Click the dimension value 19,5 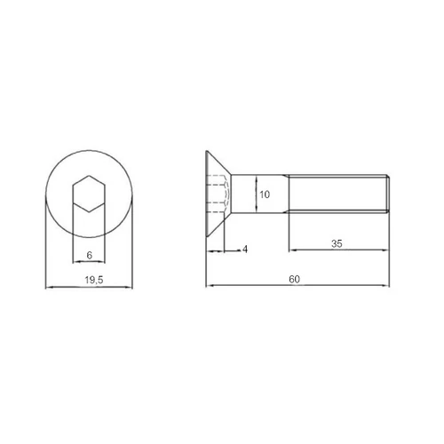(94, 280)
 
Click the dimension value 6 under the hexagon (90, 255)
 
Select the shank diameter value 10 (265, 194)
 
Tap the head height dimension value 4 (245, 250)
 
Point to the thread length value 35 (337, 243)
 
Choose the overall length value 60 (294, 279)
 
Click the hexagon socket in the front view (89, 194)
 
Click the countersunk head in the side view (218, 194)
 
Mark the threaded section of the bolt (338, 194)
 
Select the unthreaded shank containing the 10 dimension (259, 194)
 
